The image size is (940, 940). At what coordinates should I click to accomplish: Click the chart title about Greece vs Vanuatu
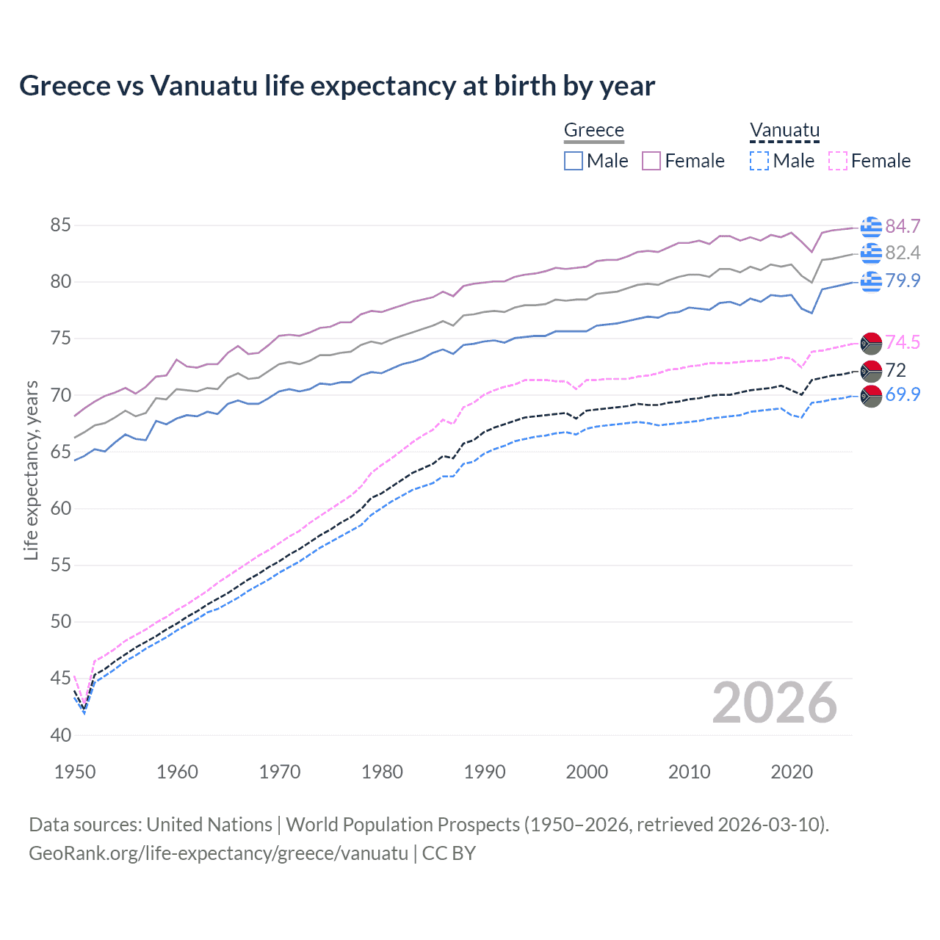(x=337, y=86)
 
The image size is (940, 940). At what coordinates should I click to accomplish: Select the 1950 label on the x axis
(x=75, y=772)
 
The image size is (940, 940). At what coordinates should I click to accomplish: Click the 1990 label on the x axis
(x=485, y=772)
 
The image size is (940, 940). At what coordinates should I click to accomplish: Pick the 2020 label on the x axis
(x=792, y=772)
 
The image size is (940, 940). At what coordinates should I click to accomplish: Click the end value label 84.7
(x=903, y=226)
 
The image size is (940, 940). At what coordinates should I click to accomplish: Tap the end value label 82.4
(x=903, y=253)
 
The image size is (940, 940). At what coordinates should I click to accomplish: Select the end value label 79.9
(x=903, y=281)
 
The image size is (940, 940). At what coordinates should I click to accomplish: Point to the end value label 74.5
(x=903, y=342)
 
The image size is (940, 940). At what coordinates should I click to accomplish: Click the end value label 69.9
(x=903, y=394)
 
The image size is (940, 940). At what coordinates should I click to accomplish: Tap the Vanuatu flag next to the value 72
(x=871, y=370)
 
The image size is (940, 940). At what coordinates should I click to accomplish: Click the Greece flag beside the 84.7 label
(x=871, y=227)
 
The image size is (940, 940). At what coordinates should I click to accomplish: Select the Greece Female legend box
(x=651, y=161)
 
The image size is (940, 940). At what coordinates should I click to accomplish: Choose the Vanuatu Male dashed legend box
(x=759, y=161)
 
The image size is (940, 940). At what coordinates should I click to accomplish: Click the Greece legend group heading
(x=593, y=130)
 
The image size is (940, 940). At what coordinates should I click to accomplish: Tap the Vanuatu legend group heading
(x=784, y=130)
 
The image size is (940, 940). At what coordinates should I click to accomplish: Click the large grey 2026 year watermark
(x=774, y=703)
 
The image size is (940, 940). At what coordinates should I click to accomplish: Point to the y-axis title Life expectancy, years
(x=31, y=470)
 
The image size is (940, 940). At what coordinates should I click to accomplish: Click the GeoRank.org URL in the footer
(x=218, y=853)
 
